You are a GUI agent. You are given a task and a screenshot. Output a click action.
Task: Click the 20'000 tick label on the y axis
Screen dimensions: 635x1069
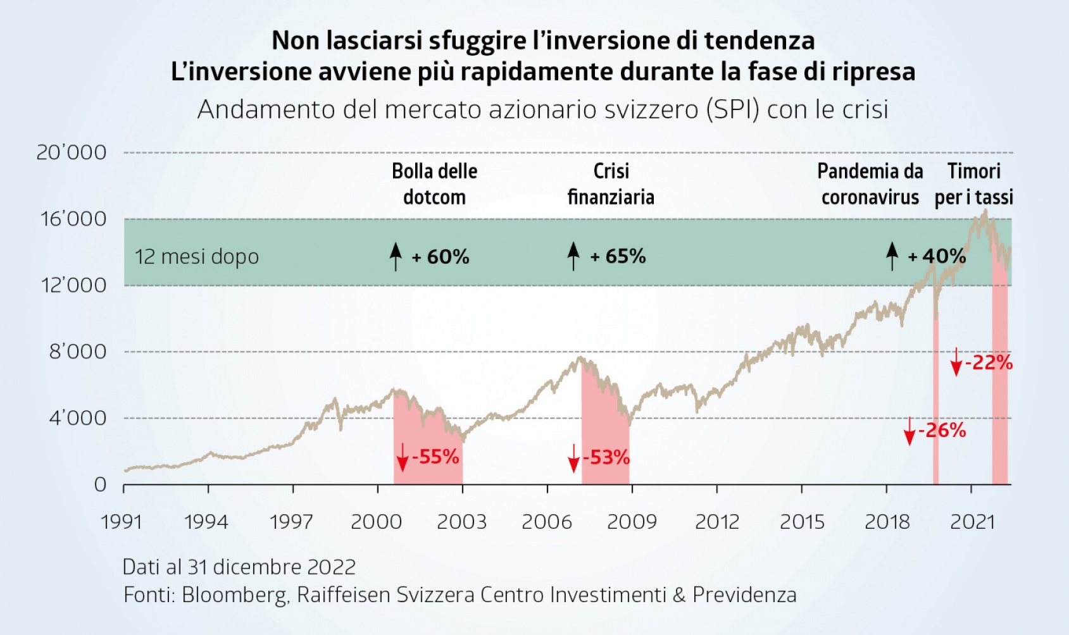tap(72, 152)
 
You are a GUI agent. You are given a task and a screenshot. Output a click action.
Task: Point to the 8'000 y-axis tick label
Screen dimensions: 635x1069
tap(78, 352)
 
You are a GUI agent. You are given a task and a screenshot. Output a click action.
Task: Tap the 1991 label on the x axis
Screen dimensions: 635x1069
tap(122, 522)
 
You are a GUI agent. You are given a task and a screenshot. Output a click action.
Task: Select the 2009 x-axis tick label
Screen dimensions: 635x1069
tap(632, 522)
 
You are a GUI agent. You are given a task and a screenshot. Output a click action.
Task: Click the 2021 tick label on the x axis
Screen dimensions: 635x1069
tap(973, 522)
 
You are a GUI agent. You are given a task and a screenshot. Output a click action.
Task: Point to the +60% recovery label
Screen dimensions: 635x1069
tap(441, 257)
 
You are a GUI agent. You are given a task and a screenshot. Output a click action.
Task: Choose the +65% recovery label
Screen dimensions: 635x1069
tap(618, 256)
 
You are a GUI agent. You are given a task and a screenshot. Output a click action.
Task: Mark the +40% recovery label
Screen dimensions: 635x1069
tap(937, 256)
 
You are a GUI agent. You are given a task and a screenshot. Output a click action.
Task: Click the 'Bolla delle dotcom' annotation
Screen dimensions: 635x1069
tap(434, 184)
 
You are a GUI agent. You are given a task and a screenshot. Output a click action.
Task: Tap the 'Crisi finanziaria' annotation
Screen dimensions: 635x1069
tap(611, 184)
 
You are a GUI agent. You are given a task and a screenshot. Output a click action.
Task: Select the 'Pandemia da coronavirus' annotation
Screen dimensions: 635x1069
tap(870, 184)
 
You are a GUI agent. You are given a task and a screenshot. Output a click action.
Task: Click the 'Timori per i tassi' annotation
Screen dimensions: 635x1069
tap(974, 184)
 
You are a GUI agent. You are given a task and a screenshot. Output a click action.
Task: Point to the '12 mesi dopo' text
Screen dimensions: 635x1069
tap(197, 257)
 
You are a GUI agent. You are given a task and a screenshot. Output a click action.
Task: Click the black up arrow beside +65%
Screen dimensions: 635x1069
tap(573, 256)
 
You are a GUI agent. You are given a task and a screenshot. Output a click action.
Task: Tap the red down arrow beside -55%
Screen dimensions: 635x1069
tap(402, 457)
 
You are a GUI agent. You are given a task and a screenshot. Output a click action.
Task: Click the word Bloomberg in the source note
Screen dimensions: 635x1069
tap(234, 595)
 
